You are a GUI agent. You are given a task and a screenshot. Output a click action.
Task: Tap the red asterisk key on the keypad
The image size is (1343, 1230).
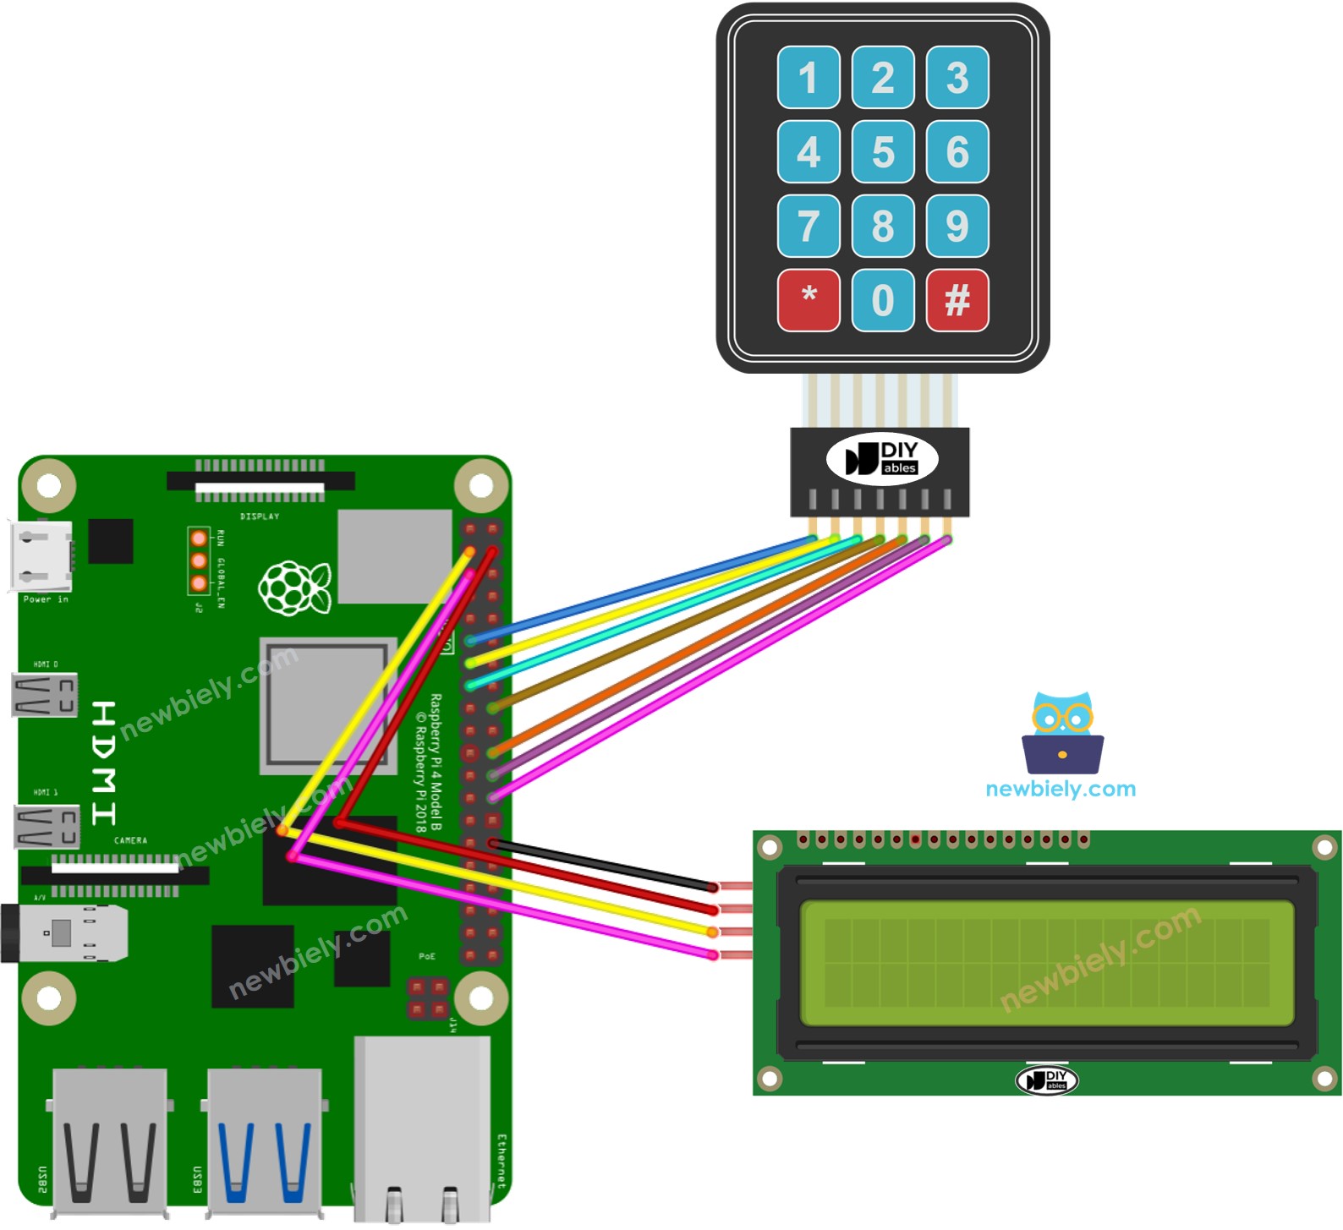click(x=809, y=300)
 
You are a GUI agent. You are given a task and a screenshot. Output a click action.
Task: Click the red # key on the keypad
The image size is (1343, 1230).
click(x=957, y=300)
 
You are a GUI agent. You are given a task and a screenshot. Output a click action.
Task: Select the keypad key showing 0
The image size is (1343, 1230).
click(x=883, y=300)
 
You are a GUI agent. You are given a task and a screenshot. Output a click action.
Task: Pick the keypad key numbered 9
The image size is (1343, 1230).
click(x=957, y=226)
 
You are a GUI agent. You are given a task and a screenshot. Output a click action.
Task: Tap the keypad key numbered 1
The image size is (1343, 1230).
click(x=809, y=78)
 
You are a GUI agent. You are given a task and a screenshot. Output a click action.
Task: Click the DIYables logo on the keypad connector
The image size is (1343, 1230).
click(x=882, y=459)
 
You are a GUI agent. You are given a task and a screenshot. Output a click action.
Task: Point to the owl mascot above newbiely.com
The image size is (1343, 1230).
click(x=1062, y=732)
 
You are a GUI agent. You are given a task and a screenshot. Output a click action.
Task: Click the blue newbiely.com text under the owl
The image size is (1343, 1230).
click(x=1061, y=789)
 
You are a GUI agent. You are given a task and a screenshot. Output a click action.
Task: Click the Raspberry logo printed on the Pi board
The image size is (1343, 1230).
click(x=294, y=587)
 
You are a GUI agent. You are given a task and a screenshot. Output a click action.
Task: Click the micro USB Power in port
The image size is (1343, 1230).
click(x=41, y=556)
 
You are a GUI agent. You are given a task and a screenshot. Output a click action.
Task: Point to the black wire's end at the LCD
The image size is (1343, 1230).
click(x=714, y=887)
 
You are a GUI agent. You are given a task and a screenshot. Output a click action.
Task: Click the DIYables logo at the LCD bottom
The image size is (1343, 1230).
click(x=1046, y=1080)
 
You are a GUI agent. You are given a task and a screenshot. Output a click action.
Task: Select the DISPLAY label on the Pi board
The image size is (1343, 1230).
click(x=260, y=516)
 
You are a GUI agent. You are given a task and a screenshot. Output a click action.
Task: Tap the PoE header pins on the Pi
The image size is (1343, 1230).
click(x=427, y=998)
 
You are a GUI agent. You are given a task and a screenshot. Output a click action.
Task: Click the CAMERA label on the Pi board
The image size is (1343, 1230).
click(x=130, y=840)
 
